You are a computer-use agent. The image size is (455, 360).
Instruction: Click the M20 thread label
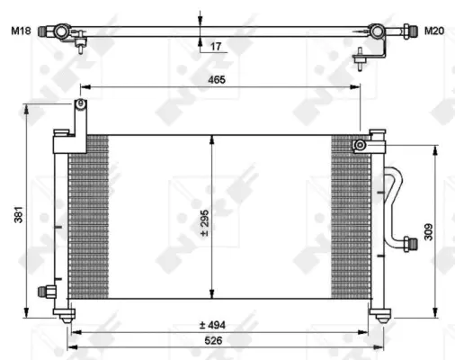pyautogui.click(x=434, y=31)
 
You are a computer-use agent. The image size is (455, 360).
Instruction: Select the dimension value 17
pyautogui.click(x=216, y=45)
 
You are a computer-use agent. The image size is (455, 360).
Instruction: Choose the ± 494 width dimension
pyautogui.click(x=212, y=325)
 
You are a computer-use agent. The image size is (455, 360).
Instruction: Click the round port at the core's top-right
pyautogui.click(x=360, y=144)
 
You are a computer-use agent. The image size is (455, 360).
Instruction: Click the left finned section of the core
pyautogui.click(x=88, y=216)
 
